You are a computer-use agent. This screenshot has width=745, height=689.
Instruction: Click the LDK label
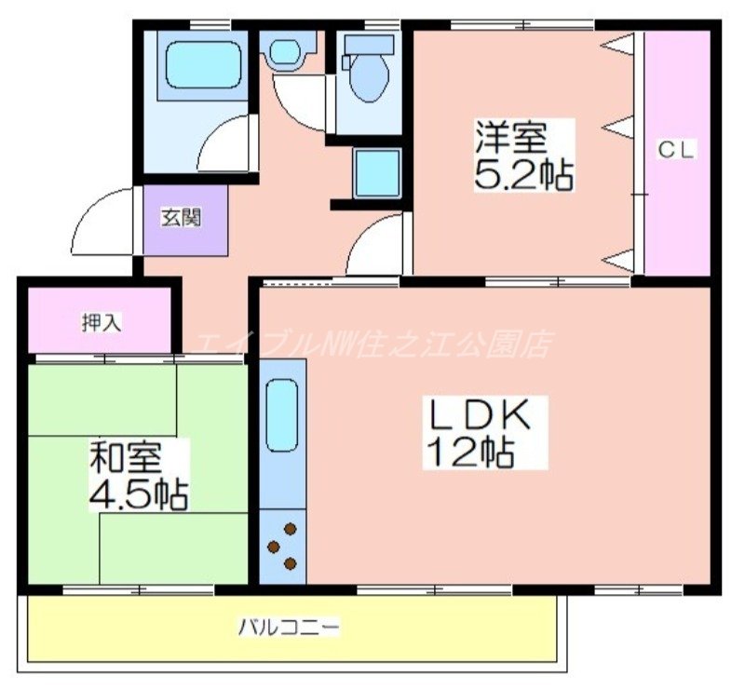pos(479,415)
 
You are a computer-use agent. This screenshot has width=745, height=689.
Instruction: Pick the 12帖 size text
pos(470,453)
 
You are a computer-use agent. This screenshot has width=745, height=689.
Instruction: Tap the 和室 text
pos(127,457)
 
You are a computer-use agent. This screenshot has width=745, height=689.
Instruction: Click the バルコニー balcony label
pos(288,627)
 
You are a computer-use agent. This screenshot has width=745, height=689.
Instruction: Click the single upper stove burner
pos(291,529)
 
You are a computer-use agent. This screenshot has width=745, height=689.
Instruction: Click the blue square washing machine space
pos(376,172)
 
